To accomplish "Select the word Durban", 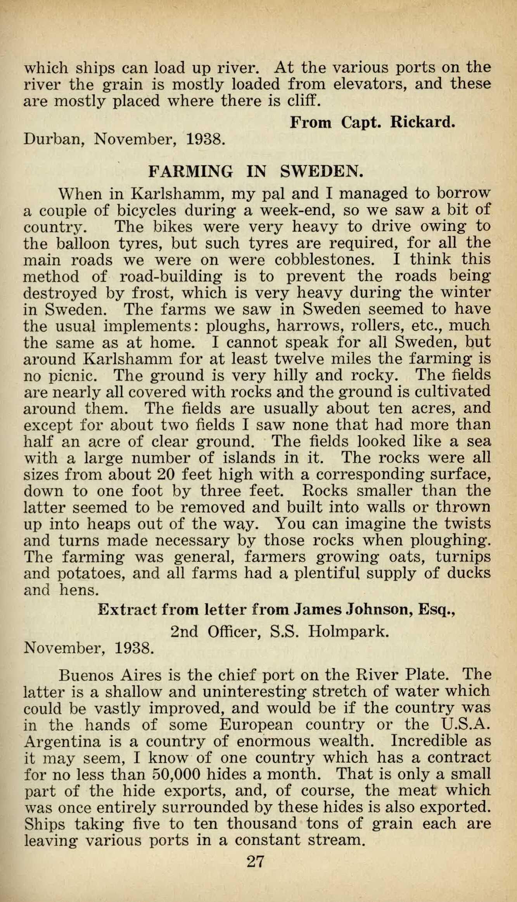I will tap(54, 138).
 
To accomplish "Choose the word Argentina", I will tap(62, 741).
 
